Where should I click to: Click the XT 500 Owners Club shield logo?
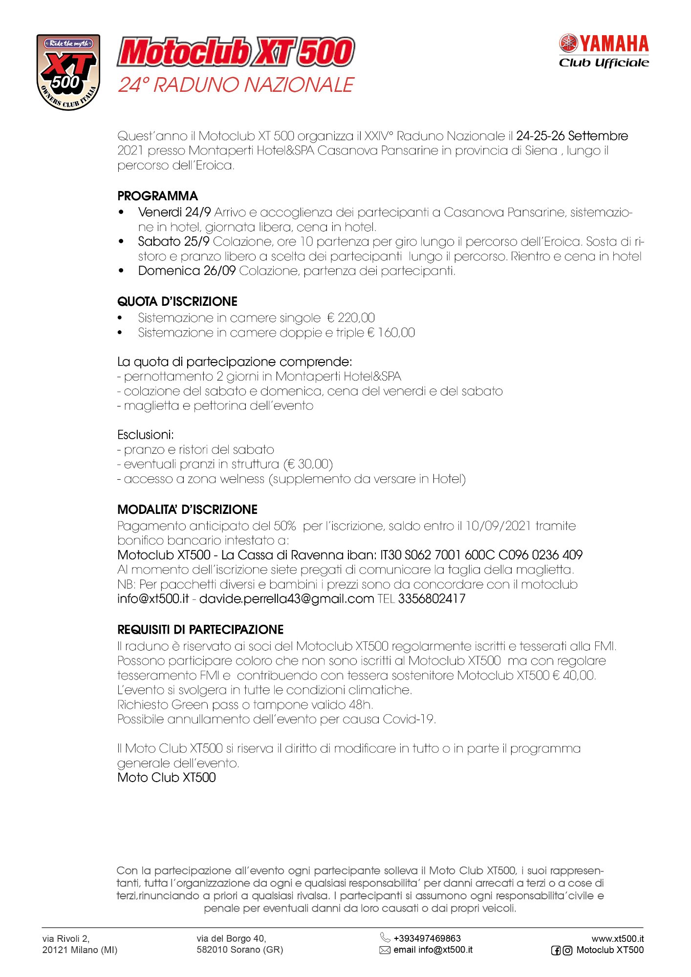click(x=68, y=72)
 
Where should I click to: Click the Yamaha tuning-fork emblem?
click(x=568, y=43)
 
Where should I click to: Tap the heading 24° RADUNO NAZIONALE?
click(x=236, y=85)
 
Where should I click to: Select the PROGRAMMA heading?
click(x=157, y=196)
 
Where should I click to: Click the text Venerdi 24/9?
click(x=174, y=212)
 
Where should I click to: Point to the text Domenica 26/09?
click(x=187, y=271)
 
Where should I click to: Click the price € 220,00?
click(x=351, y=318)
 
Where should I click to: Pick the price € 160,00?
click(x=391, y=333)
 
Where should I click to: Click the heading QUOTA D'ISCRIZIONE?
click(x=177, y=301)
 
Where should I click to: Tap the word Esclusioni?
click(x=146, y=435)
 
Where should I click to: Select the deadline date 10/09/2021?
click(x=498, y=526)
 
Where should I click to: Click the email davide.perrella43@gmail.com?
click(x=286, y=599)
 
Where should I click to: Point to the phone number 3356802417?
click(x=432, y=599)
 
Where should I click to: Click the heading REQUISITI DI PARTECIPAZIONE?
click(x=200, y=630)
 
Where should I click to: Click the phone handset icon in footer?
click(x=385, y=937)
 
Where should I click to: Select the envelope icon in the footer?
click(x=385, y=950)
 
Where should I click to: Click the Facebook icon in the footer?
click(x=556, y=951)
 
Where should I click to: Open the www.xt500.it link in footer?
click(x=617, y=938)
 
